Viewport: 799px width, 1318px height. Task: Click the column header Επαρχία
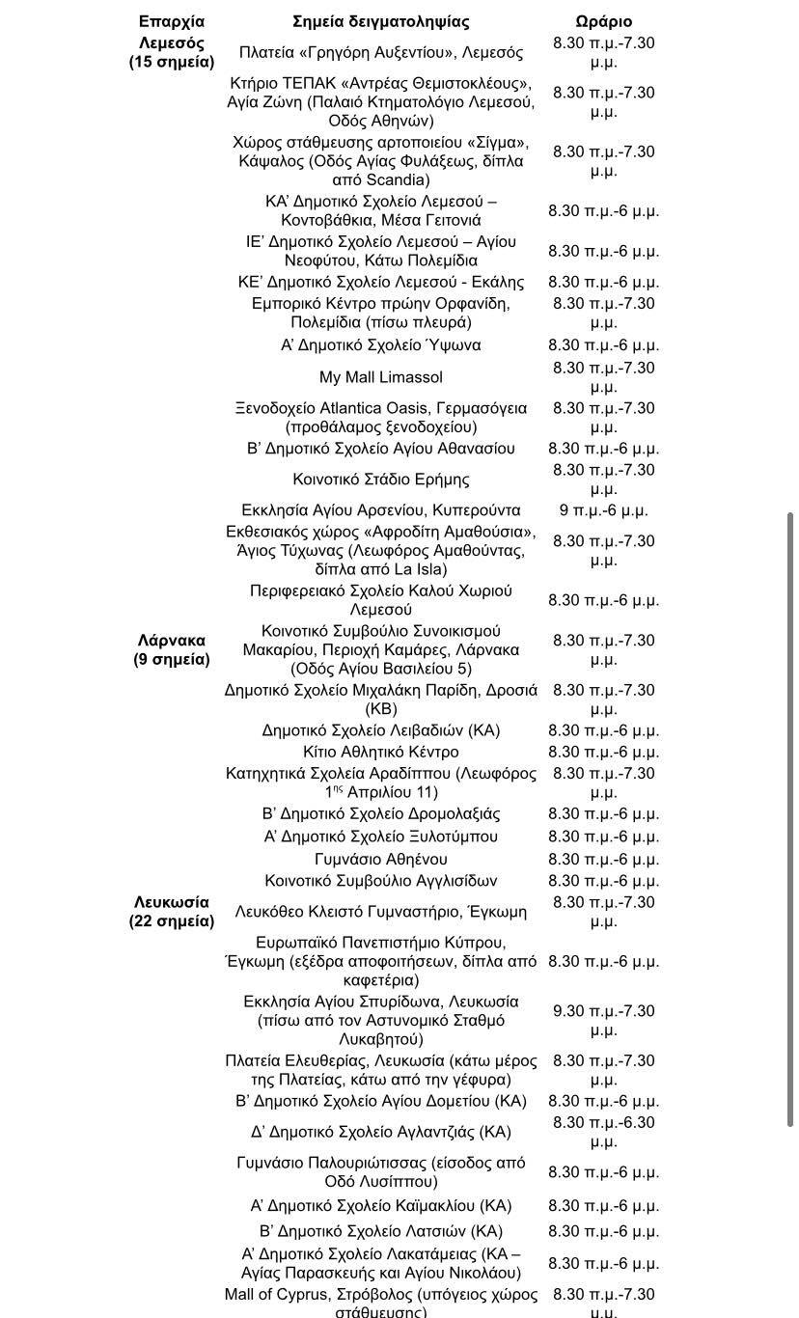[172, 21]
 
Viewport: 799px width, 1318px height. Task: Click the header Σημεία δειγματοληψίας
[381, 21]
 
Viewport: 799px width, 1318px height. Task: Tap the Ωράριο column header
[604, 21]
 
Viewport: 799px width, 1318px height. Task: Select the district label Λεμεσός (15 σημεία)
[172, 52]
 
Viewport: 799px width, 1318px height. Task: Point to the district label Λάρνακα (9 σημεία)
[172, 649]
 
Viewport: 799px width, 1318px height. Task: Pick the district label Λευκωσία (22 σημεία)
[172, 911]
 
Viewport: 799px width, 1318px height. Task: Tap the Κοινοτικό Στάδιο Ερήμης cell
[381, 480]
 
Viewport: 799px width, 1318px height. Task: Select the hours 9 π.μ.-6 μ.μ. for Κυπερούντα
[604, 510]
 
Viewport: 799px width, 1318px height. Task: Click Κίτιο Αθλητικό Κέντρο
[381, 753]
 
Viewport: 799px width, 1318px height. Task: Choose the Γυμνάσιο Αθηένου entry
[381, 859]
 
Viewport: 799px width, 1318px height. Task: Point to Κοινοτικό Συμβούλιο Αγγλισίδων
[381, 881]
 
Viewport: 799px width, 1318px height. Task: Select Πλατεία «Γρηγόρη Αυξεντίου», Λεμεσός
[381, 52]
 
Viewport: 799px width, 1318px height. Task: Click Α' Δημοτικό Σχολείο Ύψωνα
[381, 345]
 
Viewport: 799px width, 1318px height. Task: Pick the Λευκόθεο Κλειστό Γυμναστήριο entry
[381, 911]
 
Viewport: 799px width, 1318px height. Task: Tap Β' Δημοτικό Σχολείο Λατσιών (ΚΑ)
[381, 1231]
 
